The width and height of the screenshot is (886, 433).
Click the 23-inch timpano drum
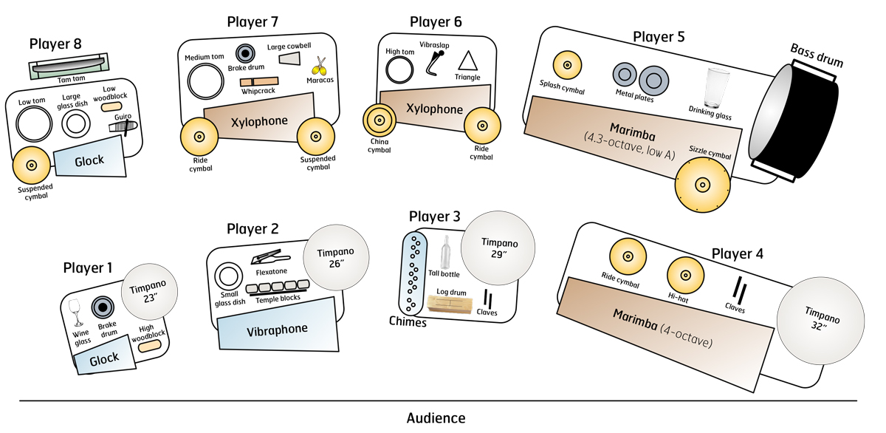pyautogui.click(x=149, y=292)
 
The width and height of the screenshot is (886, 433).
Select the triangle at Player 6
pyautogui.click(x=467, y=61)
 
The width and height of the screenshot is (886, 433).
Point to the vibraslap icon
pyautogui.click(x=434, y=63)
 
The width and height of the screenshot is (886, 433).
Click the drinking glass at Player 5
pyautogui.click(x=717, y=88)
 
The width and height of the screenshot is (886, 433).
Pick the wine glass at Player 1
pyautogui.click(x=75, y=313)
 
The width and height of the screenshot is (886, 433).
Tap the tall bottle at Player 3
pyautogui.click(x=446, y=253)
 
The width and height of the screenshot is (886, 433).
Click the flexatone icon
pyautogui.click(x=270, y=257)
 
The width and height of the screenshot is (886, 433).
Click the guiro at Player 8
pyautogui.click(x=123, y=126)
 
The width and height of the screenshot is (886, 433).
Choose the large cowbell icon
pyautogui.click(x=289, y=59)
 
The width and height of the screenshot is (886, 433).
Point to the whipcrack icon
pyautogui.click(x=259, y=81)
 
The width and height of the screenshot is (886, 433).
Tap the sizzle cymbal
pyautogui.click(x=702, y=185)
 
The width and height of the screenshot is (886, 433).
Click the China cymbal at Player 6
pyautogui.click(x=379, y=120)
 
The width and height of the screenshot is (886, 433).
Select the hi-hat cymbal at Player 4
pyautogui.click(x=685, y=276)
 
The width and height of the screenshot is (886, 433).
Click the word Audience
pyautogui.click(x=436, y=418)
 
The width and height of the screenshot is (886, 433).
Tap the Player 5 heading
pyautogui.click(x=659, y=37)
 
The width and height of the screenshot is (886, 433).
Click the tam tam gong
pyautogui.click(x=69, y=66)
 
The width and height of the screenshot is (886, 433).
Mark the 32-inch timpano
pyautogui.click(x=821, y=321)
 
